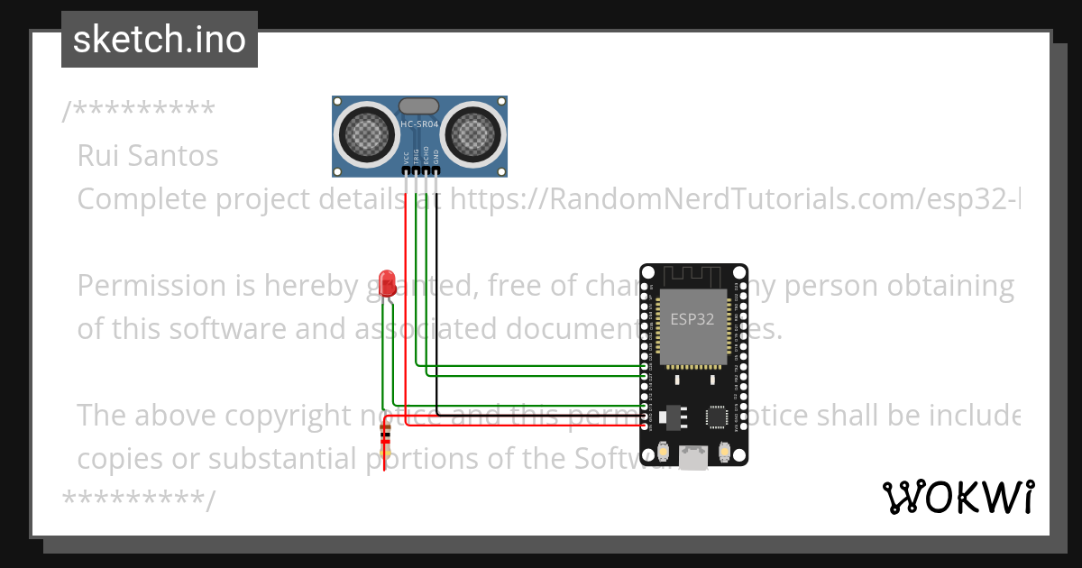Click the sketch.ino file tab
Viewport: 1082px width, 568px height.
point(159,40)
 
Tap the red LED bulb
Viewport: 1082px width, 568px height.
point(388,281)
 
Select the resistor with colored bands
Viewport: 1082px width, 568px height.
point(386,442)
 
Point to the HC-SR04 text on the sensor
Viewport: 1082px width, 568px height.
point(418,124)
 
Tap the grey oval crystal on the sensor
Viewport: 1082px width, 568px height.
point(418,107)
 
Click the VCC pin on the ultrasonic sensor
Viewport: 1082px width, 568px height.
point(407,169)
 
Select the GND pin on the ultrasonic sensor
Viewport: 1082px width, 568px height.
point(436,169)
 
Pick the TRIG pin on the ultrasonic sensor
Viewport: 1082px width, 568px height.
point(417,169)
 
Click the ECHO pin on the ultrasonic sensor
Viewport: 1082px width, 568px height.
point(426,169)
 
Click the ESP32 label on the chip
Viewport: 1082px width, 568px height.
point(693,318)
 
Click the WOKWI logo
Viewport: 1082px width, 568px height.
point(958,497)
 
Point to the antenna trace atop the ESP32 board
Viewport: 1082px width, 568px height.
point(693,274)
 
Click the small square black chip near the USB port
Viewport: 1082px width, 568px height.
point(717,417)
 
